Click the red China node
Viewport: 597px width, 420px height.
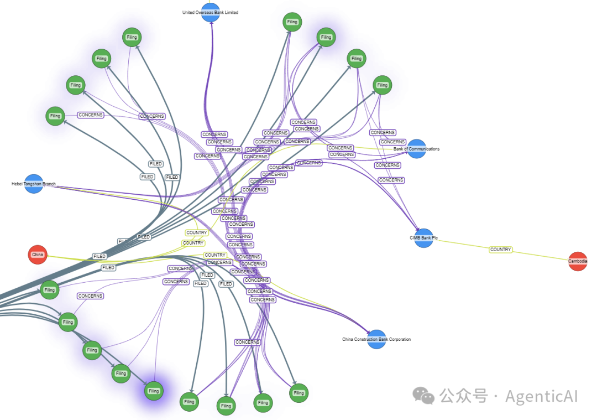click(38, 255)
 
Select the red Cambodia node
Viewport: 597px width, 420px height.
click(578, 261)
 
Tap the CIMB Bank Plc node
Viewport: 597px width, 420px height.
click(423, 238)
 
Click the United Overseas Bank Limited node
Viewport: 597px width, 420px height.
click(211, 12)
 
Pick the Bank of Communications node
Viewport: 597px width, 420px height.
click(416, 149)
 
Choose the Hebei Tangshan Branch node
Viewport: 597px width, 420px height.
click(34, 184)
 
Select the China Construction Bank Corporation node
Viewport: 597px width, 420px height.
click(376, 339)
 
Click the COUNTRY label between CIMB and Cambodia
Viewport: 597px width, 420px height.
click(500, 250)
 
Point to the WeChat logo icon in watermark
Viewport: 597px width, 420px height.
click(425, 396)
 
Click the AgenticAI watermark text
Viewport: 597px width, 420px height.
click(541, 396)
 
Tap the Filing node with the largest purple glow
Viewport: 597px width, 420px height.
click(154, 391)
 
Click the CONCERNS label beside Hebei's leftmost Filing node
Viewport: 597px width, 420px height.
click(91, 115)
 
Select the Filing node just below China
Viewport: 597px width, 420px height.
click(50, 290)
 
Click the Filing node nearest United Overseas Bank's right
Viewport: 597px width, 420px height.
click(292, 22)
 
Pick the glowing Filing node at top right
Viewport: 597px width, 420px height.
click(326, 38)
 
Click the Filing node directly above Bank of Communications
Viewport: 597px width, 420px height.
click(382, 85)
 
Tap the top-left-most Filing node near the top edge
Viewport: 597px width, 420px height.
click(132, 38)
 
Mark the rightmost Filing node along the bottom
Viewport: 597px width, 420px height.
click(298, 393)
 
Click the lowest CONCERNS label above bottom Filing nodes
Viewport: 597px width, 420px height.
click(247, 342)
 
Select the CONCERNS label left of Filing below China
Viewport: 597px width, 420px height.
click(90, 296)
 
